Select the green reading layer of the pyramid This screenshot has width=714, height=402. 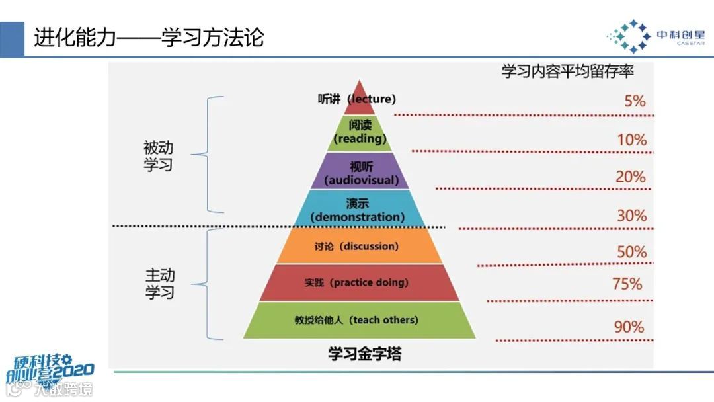(x=360, y=132)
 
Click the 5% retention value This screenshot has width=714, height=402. (x=635, y=101)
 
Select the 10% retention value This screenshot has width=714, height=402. (x=632, y=140)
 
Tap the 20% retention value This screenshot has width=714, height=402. (x=630, y=177)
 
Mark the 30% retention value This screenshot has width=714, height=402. (x=631, y=216)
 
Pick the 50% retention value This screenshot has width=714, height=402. (x=631, y=252)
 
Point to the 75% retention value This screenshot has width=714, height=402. (x=627, y=284)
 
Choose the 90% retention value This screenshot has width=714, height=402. (x=629, y=327)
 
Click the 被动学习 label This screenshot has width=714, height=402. (x=158, y=156)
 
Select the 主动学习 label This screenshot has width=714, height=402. (x=159, y=283)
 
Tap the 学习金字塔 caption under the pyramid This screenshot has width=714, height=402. (x=364, y=353)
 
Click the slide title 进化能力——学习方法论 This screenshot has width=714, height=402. (x=149, y=38)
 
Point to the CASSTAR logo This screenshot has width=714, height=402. (x=655, y=36)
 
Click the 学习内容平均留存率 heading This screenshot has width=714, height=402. (x=567, y=71)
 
